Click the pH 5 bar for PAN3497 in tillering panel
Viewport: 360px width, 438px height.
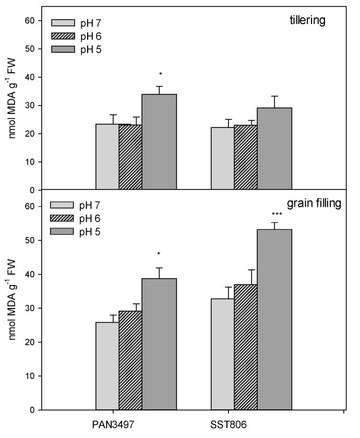coord(159,141)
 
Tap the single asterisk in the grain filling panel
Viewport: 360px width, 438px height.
coord(159,254)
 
